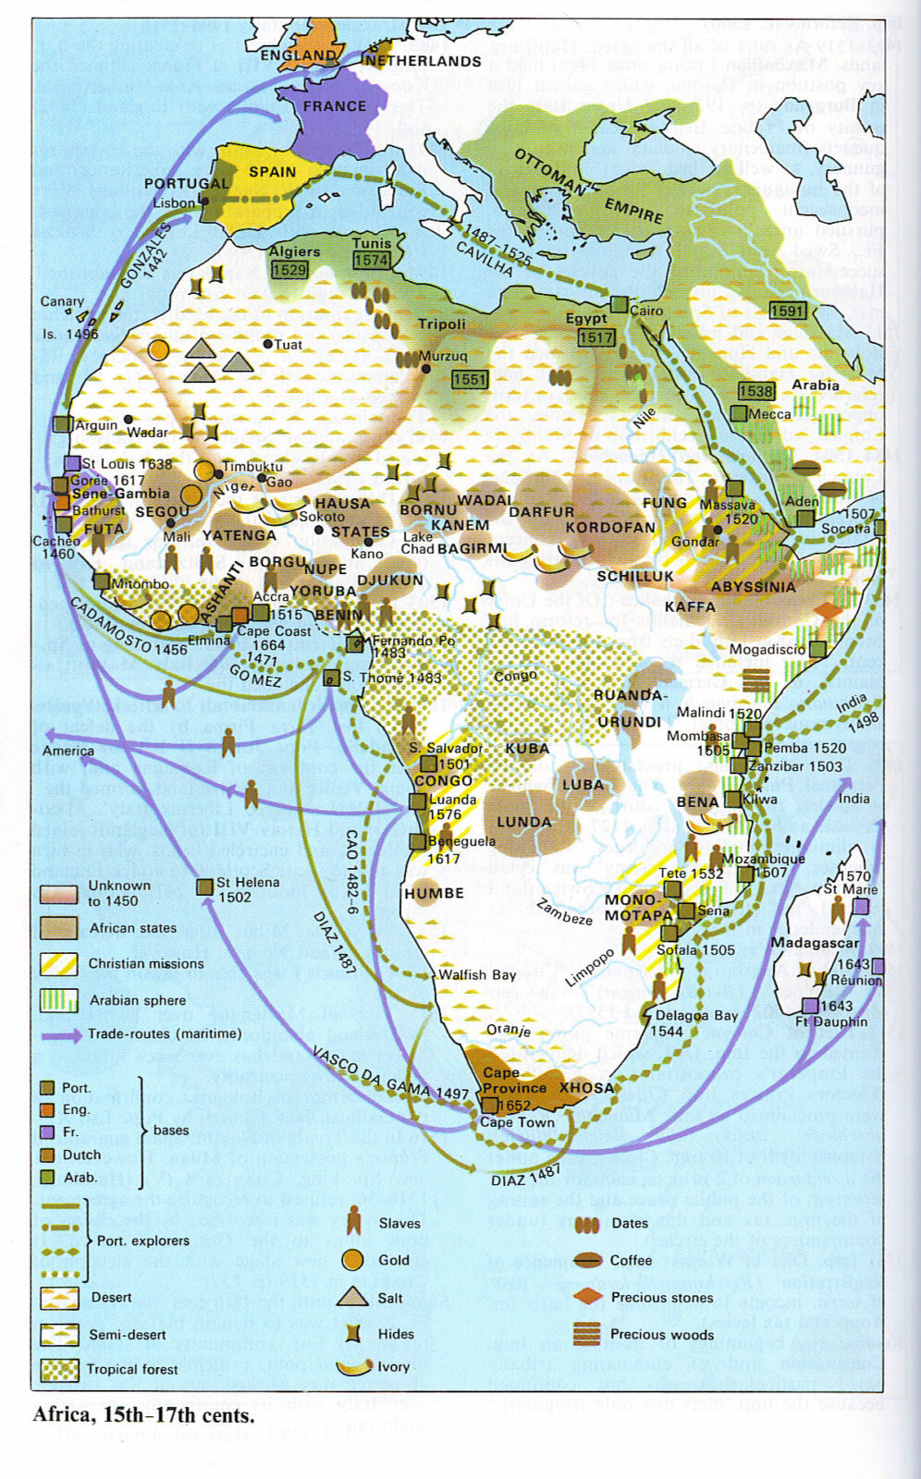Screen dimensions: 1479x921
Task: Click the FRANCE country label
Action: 334,106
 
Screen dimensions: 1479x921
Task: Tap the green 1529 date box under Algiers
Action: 289,270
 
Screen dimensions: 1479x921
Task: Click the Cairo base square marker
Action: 620,305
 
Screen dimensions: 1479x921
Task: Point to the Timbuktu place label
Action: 252,467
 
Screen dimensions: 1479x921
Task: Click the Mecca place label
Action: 769,414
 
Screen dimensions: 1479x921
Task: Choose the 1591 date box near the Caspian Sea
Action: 787,311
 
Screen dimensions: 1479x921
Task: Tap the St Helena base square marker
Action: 205,887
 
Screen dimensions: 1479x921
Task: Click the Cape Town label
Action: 517,1122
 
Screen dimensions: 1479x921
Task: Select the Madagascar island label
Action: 815,943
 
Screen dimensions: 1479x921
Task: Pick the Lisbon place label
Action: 174,203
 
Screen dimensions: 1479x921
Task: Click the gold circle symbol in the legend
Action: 352,1260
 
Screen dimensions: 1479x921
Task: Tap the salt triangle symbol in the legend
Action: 352,1296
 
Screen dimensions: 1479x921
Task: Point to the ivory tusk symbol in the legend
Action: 354,1367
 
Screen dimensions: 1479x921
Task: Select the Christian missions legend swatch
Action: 59,963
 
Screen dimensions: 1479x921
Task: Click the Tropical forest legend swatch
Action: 59,1369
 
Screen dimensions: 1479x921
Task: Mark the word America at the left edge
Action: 68,751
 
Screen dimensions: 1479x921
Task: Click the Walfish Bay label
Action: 476,974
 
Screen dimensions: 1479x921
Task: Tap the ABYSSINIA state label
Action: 753,587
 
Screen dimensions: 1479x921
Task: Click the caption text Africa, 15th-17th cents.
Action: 143,1415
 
